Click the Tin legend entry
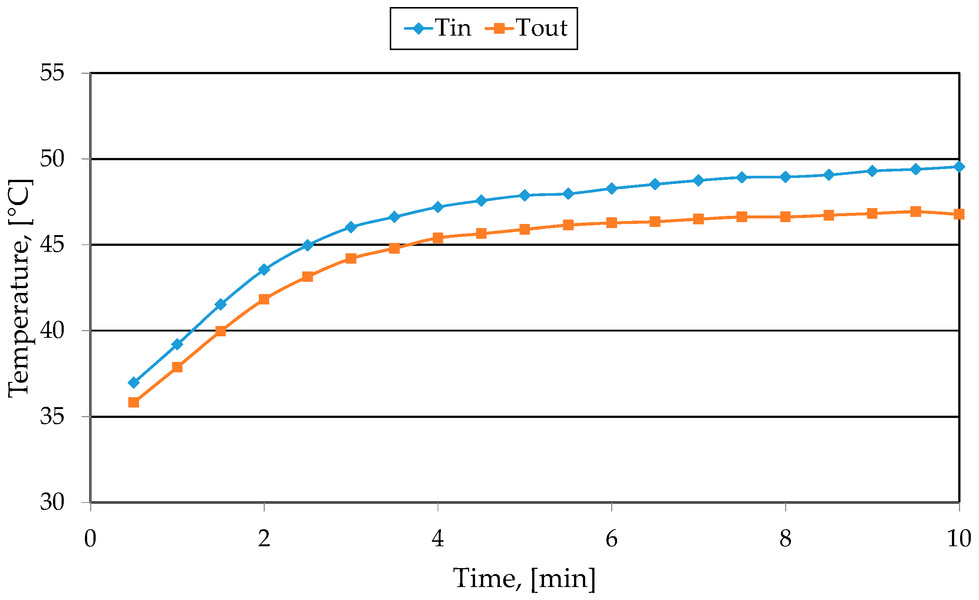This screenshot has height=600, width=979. click(438, 28)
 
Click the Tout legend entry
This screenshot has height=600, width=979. click(527, 28)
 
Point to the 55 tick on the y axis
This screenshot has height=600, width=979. click(52, 73)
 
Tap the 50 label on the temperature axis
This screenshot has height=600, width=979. click(52, 159)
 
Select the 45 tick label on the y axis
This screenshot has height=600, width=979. click(52, 244)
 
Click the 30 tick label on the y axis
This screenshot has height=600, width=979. click(52, 502)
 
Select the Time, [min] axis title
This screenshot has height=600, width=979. click(524, 578)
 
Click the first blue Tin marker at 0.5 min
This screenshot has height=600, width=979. click(134, 383)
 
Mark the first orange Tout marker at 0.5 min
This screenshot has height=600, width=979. click(134, 402)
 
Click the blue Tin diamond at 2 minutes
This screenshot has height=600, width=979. click(264, 269)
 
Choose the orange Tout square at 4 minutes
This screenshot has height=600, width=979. click(438, 238)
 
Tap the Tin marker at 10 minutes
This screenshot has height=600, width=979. click(959, 167)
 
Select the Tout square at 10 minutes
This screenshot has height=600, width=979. click(959, 215)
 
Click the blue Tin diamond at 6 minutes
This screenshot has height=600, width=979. click(612, 188)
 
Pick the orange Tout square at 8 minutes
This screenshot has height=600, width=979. click(785, 217)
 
